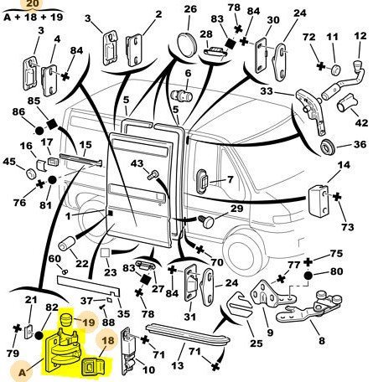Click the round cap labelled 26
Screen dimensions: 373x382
(187, 42)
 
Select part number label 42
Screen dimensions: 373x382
(361, 123)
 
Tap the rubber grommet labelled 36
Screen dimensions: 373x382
(328, 147)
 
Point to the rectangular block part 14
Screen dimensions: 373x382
(319, 199)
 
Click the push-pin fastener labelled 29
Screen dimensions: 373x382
(206, 221)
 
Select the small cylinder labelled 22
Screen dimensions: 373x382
(67, 244)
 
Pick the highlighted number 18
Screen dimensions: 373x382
(108, 340)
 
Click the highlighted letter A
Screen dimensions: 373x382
(22, 372)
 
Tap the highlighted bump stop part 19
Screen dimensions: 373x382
(67, 320)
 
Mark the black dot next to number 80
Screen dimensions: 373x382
(308, 276)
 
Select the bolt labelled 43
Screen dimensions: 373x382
(153, 174)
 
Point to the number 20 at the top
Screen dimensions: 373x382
(34, 3)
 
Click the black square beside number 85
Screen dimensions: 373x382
(51, 124)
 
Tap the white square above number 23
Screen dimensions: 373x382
(106, 253)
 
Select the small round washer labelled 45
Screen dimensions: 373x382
(31, 173)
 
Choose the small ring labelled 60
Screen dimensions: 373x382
(65, 271)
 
